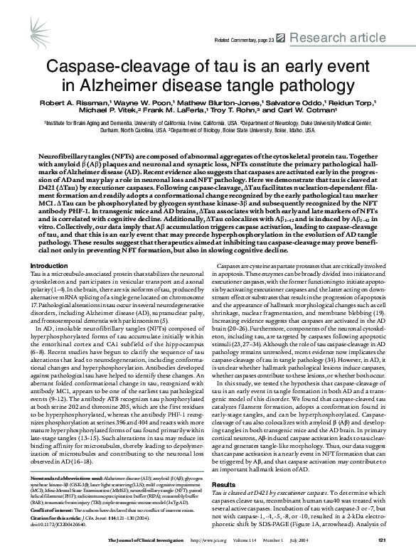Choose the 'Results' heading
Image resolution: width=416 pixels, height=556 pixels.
(224, 464)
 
